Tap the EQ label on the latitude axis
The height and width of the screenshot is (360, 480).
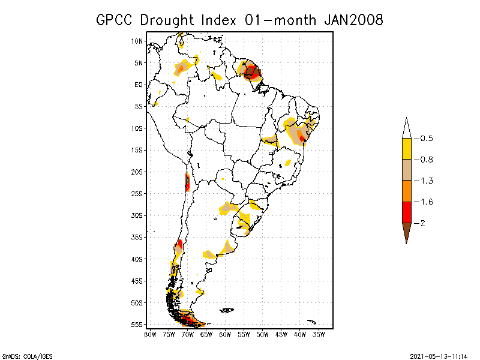139,85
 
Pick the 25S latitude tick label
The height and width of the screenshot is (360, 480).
137,193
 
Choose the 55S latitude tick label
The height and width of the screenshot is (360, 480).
137,324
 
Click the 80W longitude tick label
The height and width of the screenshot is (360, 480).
150,334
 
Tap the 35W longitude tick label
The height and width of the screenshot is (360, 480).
319,334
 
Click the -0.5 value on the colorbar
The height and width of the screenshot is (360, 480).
426,139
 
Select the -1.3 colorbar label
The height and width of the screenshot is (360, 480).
426,181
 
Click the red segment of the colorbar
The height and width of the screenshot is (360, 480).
407,212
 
